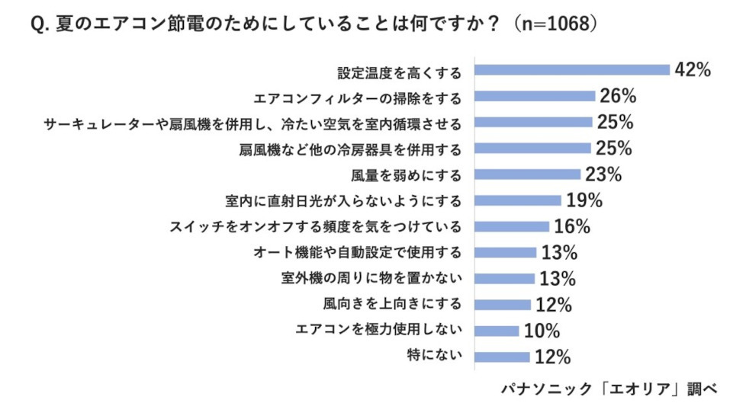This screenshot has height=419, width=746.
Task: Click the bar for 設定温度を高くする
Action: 572,70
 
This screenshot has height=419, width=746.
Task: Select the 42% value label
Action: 693,70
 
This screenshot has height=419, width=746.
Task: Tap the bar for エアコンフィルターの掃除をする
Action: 535,96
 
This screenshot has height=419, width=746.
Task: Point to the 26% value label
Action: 618,96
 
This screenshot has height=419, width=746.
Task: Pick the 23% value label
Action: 603,174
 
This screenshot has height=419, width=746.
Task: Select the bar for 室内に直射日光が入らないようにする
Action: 518,200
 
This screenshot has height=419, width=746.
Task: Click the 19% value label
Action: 584,200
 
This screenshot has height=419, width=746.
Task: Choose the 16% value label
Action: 571,226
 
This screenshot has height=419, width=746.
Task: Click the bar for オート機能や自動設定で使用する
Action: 505,253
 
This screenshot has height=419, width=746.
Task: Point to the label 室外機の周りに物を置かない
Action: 371,279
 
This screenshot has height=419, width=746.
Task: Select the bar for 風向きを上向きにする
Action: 503,305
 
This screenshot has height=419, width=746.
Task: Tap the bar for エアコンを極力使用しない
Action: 497,331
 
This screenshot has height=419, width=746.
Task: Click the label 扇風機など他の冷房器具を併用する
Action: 350,149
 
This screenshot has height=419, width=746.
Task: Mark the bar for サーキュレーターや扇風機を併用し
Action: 533,122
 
